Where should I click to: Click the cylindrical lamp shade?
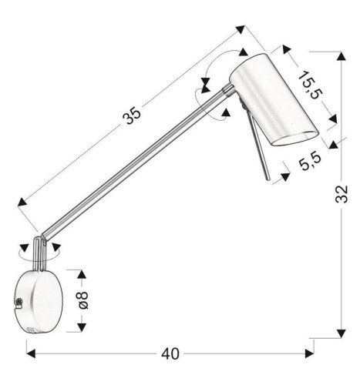coord(270,100)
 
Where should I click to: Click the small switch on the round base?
coord(18,304)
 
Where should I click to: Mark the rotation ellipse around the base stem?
coord(39,249)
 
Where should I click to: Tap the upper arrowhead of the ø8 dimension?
coord(79,272)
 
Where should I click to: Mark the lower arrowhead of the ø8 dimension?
coord(79,329)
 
